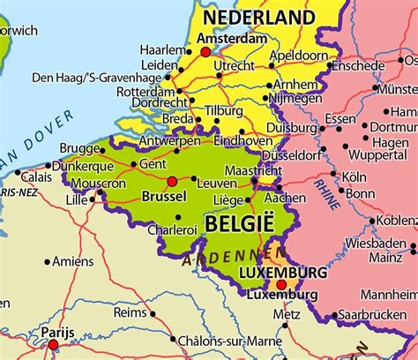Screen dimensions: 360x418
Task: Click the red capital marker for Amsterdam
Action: click(x=205, y=52)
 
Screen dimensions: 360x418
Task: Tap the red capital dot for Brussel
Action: click(x=172, y=182)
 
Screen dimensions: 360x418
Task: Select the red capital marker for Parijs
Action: click(x=53, y=345)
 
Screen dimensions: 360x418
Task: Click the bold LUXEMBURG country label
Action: click(x=282, y=274)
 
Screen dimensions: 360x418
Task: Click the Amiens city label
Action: click(x=72, y=261)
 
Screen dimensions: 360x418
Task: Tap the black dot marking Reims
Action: click(x=152, y=312)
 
